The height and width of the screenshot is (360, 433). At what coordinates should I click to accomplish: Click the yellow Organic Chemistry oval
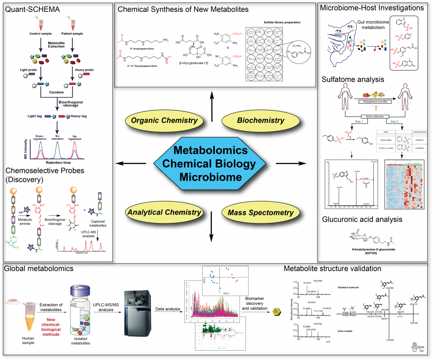click(164, 121)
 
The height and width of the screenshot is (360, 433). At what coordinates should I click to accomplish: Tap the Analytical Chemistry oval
click(164, 212)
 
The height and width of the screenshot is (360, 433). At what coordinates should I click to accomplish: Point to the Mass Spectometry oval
click(260, 213)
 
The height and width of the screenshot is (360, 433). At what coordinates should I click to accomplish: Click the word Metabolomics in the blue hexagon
click(211, 151)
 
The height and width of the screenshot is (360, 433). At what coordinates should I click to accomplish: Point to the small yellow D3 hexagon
click(276, 312)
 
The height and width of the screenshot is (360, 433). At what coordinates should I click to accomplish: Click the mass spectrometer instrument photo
click(137, 313)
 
